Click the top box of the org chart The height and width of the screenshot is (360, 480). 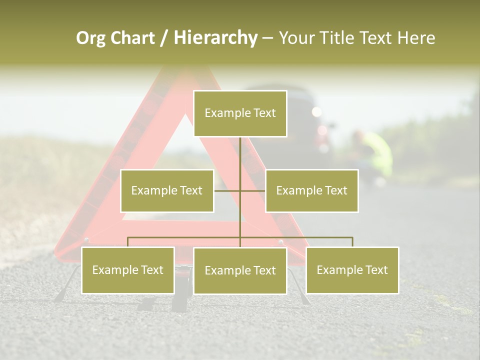(x=240, y=113)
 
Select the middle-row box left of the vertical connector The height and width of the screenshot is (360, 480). (x=167, y=190)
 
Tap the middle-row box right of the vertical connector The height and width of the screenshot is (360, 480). (x=311, y=190)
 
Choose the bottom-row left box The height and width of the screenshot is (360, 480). (x=128, y=270)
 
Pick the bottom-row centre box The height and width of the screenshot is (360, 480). (x=240, y=270)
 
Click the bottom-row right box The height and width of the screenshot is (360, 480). (x=352, y=270)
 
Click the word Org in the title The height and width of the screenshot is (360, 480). (x=90, y=38)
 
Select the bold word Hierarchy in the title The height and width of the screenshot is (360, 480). (x=215, y=38)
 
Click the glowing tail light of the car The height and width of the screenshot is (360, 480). (x=316, y=112)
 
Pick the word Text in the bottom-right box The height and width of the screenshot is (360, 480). (x=376, y=270)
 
